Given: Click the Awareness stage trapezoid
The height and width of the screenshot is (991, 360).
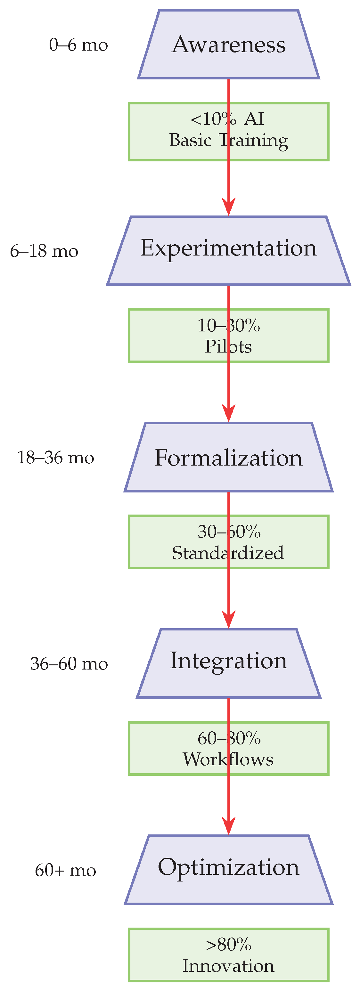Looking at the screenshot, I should click(x=228, y=44).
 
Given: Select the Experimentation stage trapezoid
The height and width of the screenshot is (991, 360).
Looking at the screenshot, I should click(x=228, y=250).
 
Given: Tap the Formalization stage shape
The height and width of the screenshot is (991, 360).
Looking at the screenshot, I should click(x=228, y=457).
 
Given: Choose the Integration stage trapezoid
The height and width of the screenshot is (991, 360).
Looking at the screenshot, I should click(x=228, y=663).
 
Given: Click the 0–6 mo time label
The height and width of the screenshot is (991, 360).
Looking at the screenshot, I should click(x=78, y=45).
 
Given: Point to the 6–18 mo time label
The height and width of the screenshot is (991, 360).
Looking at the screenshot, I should click(x=44, y=251).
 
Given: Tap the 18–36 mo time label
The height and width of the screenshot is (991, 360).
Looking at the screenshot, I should click(x=56, y=458).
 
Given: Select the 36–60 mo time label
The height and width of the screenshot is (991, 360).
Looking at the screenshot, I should click(x=69, y=664).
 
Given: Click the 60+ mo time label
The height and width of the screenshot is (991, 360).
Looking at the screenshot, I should click(x=65, y=870).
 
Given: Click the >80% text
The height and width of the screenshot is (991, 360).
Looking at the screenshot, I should click(x=228, y=945).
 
